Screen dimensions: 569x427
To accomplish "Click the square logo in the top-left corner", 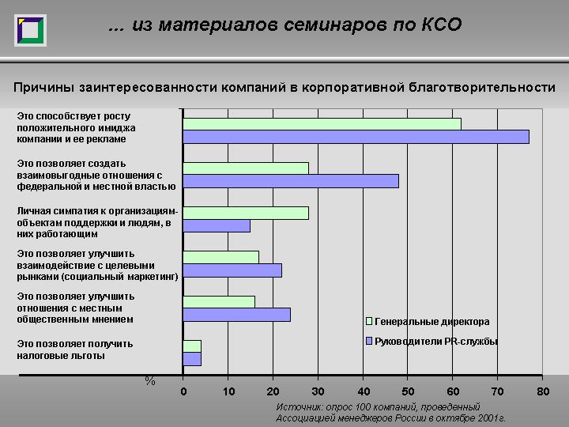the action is (x=31, y=31).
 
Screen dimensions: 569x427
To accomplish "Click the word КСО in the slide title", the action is (x=441, y=25).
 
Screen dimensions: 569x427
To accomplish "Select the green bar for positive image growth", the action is (x=322, y=124).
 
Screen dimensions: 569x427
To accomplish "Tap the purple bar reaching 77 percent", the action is (x=356, y=137).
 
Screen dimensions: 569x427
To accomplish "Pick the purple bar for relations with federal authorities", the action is (x=291, y=181).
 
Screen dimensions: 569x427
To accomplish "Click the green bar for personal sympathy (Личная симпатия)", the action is (x=246, y=213).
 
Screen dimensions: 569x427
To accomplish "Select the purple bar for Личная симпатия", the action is (x=217, y=226).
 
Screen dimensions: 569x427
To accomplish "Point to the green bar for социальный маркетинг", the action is (x=221, y=258).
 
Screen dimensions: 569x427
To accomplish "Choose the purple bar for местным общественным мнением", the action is (x=236, y=315).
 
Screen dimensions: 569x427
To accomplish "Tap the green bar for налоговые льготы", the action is (x=192, y=346).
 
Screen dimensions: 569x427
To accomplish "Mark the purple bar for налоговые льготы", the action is (x=192, y=359).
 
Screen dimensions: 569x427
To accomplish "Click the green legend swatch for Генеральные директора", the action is (x=369, y=321).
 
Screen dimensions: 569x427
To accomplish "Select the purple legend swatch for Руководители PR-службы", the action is (x=369, y=341).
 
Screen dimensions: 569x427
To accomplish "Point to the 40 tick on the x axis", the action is (x=364, y=391).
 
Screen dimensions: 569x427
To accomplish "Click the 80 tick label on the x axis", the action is (x=543, y=391).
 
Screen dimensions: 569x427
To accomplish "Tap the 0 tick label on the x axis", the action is (x=183, y=391).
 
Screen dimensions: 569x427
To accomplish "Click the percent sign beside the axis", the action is (x=150, y=381).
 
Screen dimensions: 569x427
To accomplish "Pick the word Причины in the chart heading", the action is (x=44, y=88).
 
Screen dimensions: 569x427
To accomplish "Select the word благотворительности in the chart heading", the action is (x=482, y=88).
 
